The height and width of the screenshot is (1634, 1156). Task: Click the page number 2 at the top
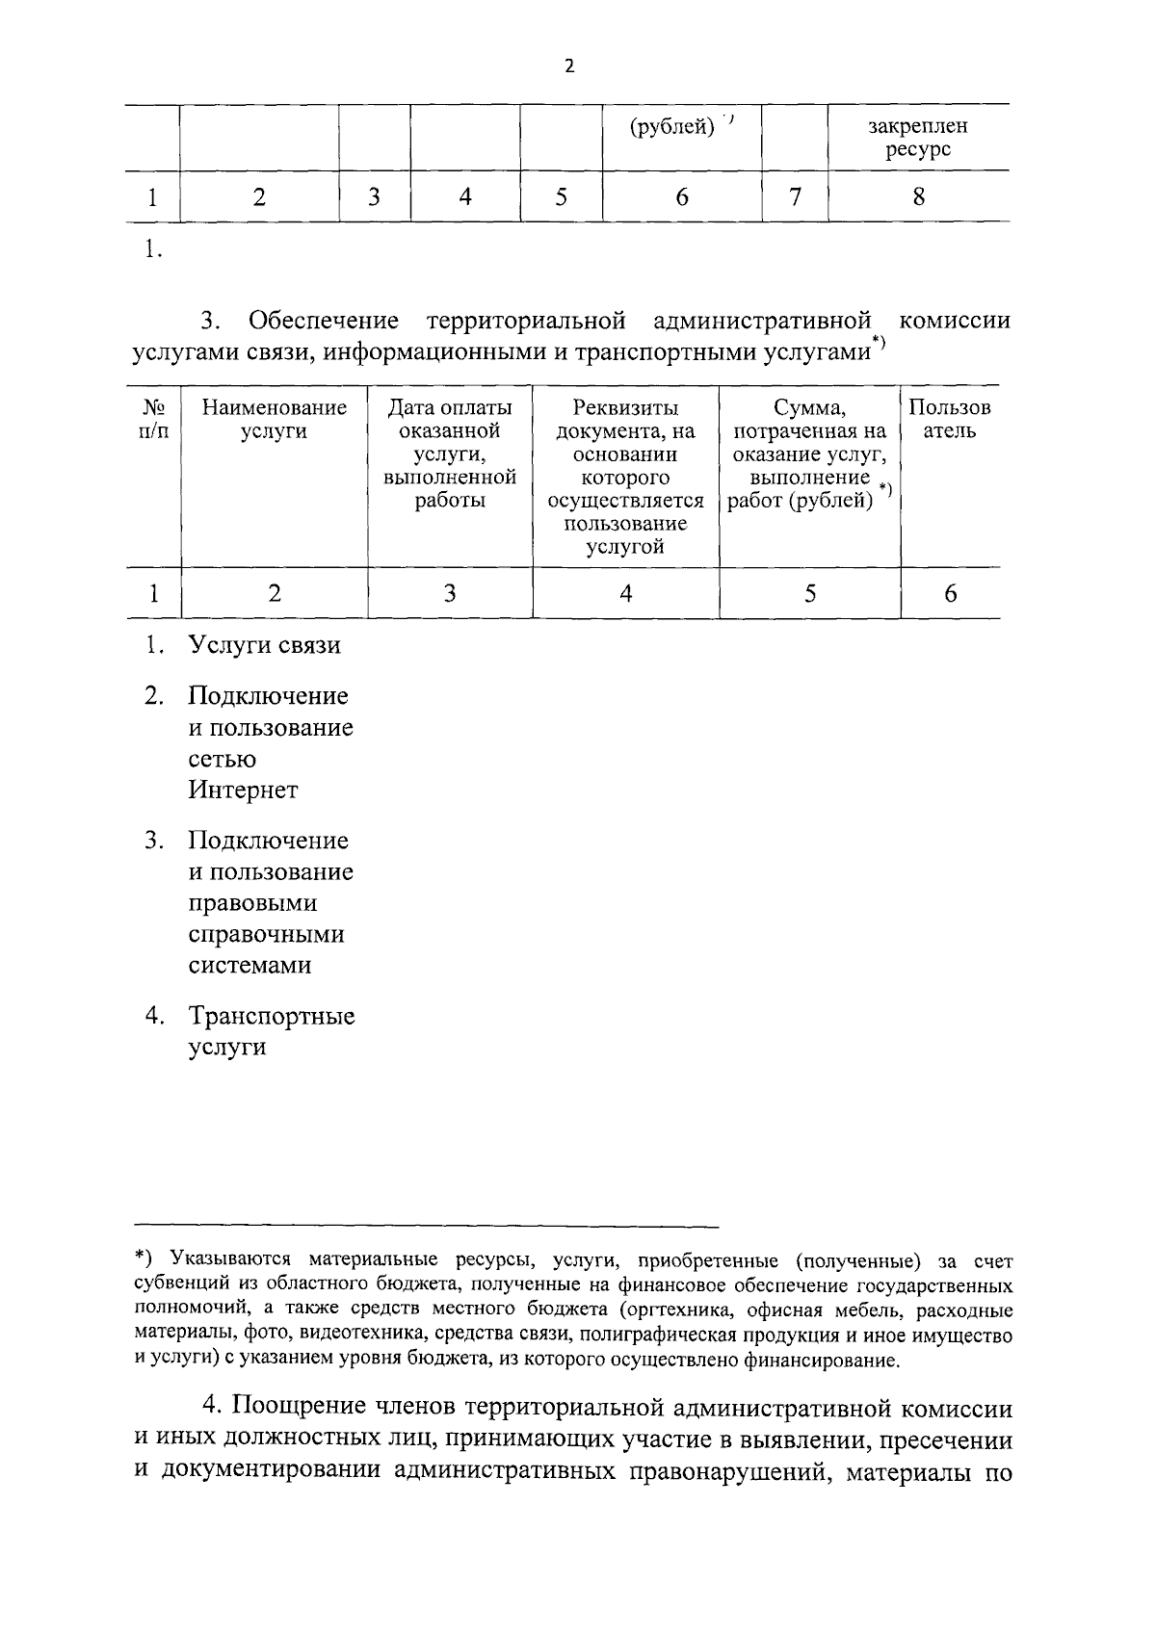(569, 66)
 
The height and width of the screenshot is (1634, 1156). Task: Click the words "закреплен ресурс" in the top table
(917, 138)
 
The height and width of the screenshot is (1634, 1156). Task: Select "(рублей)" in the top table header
(672, 126)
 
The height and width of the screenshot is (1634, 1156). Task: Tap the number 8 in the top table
(918, 197)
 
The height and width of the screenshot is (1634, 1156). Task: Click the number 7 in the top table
(795, 197)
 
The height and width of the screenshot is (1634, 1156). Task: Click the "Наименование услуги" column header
(275, 419)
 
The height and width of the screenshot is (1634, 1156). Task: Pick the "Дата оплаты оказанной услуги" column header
(450, 454)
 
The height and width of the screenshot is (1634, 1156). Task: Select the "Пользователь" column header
(950, 419)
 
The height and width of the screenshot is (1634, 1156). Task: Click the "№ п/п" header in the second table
(154, 419)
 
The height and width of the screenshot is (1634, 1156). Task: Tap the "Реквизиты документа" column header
(626, 477)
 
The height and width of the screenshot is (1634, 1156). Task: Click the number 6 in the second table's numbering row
(950, 593)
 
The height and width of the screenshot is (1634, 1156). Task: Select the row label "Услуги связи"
(264, 645)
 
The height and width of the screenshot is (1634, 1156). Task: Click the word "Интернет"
(243, 791)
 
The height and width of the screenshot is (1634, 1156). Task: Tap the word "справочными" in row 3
(266, 934)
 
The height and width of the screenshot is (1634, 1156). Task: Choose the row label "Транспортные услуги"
(271, 1031)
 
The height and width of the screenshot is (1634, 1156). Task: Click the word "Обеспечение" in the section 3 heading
(324, 321)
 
